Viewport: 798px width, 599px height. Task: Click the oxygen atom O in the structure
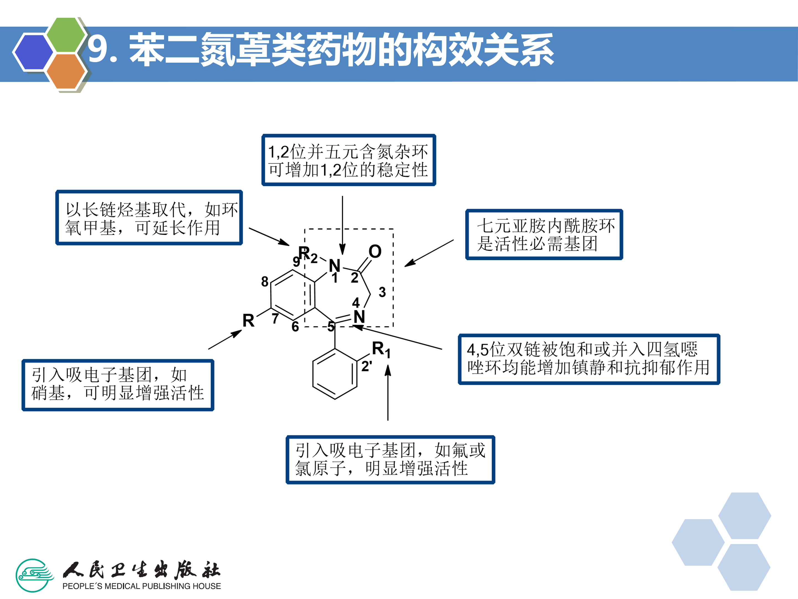tap(375, 251)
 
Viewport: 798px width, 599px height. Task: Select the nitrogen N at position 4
tap(359, 317)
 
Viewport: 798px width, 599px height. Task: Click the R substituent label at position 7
tap(248, 321)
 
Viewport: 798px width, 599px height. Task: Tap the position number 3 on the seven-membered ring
tap(382, 292)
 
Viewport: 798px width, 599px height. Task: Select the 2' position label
tap(367, 366)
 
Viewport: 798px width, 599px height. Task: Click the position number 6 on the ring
tap(295, 326)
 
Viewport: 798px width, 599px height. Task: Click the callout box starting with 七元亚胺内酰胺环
tap(544, 234)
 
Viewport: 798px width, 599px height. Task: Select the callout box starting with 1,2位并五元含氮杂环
tap(349, 160)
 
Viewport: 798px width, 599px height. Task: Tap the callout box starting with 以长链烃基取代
tap(149, 218)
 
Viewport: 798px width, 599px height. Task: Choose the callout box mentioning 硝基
tap(118, 385)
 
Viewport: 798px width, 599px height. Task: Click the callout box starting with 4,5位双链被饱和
tap(589, 359)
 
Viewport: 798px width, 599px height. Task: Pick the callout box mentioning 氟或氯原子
tap(390, 460)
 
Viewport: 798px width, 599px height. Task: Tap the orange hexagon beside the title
tap(66, 71)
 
